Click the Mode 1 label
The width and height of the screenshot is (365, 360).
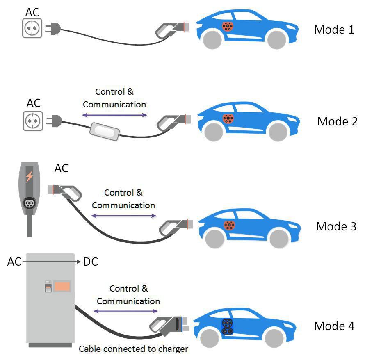[x=334, y=30]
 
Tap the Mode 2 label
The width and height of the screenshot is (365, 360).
[x=337, y=121]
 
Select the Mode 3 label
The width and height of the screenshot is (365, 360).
[x=336, y=226]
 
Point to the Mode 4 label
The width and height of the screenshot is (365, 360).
[x=334, y=326]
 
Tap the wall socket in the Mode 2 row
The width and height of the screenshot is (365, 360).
[x=32, y=121]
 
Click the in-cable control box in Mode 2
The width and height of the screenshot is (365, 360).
[x=104, y=131]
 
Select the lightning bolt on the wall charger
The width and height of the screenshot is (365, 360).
[x=29, y=177]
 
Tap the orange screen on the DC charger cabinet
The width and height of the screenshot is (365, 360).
[x=62, y=286]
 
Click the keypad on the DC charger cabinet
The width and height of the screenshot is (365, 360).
[x=48, y=286]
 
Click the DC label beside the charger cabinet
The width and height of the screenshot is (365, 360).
[x=91, y=262]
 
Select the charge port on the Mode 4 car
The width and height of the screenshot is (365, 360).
[x=227, y=326]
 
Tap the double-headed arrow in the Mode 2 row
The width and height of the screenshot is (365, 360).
[x=114, y=116]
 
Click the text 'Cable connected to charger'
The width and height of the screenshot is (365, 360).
[x=133, y=349]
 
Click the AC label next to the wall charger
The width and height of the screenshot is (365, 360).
[x=61, y=168]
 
